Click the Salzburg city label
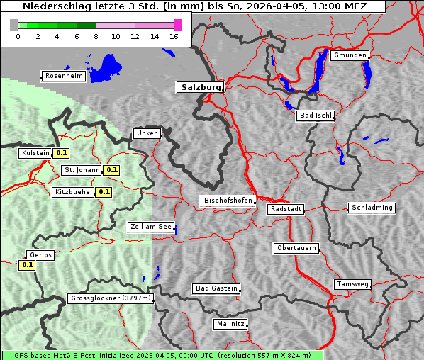point(200,87)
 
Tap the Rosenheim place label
point(64,76)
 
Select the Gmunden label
point(350,55)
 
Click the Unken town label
point(147,133)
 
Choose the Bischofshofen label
point(228,201)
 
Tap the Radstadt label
point(286,209)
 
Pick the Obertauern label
point(296,248)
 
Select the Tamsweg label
point(352,284)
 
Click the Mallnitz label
point(230,324)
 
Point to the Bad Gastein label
point(216,288)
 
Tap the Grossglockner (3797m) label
point(111,298)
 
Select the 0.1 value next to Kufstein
point(62,152)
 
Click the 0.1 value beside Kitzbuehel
point(104,192)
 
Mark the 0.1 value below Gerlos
point(27,265)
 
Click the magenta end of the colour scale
point(177,25)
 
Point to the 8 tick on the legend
point(95,35)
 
